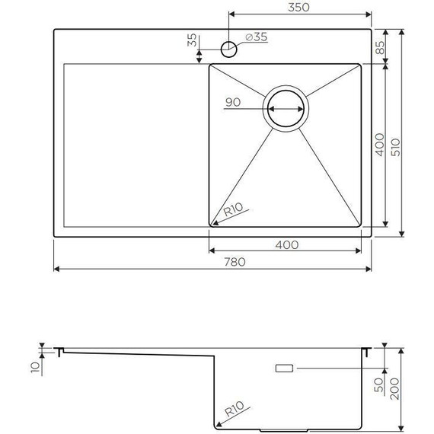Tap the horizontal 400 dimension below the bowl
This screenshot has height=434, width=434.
point(286,244)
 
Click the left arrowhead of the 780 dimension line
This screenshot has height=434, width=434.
point(56,270)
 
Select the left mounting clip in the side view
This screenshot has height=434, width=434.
point(59,351)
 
